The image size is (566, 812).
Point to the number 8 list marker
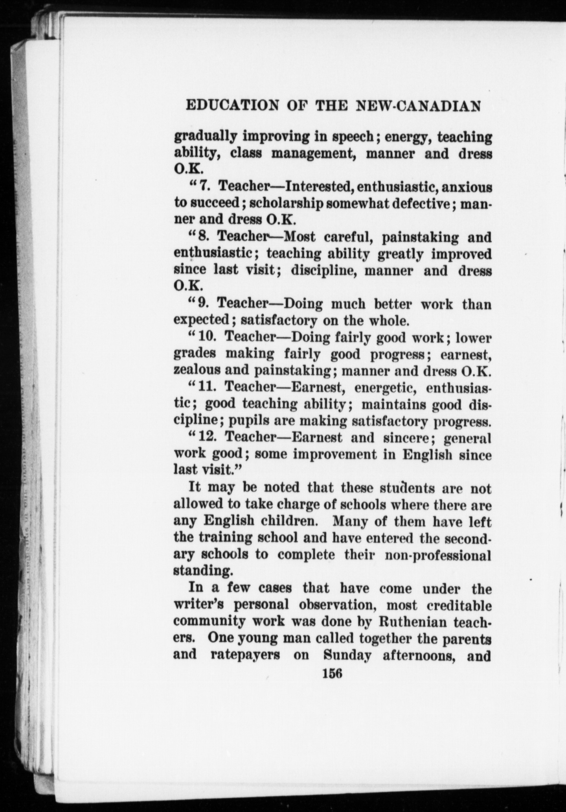[204, 237]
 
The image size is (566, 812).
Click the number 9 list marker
[204, 303]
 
